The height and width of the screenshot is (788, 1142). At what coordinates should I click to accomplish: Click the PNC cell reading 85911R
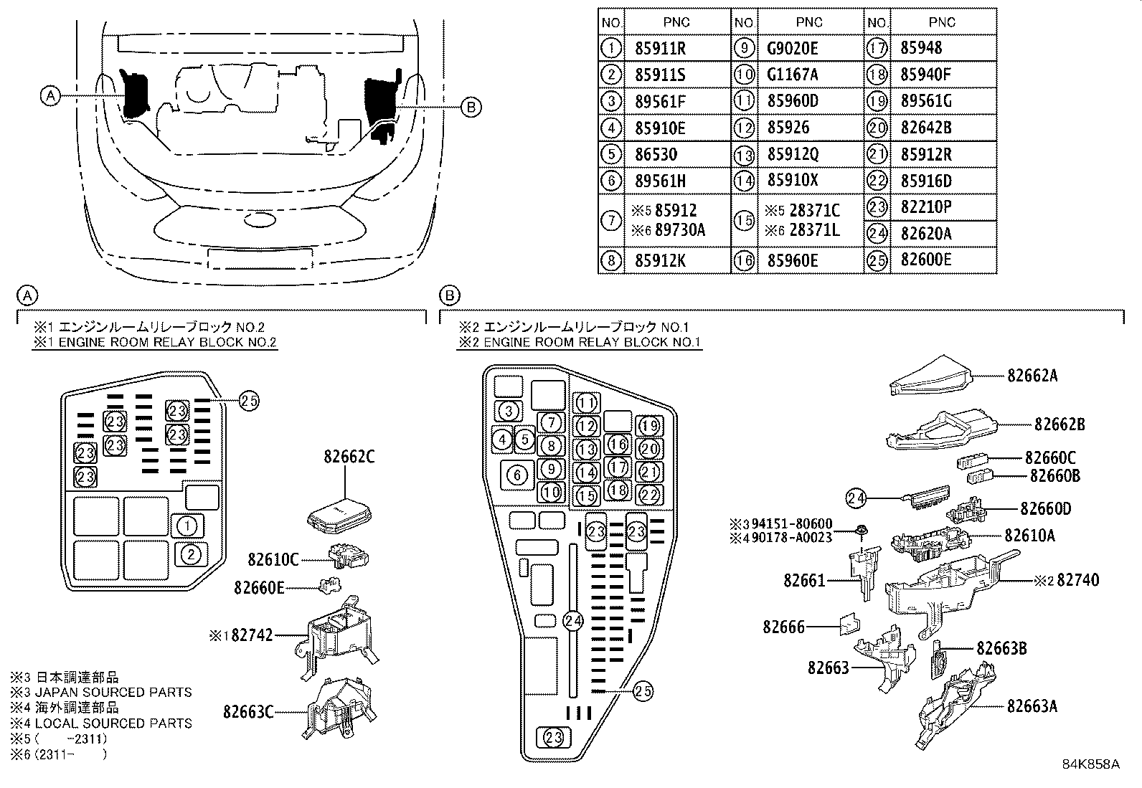(x=660, y=49)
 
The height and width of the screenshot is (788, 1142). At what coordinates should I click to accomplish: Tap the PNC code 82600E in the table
(x=925, y=260)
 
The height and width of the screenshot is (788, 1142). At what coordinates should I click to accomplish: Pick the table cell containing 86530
(x=656, y=154)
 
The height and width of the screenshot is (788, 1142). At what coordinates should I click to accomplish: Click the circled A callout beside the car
(x=49, y=95)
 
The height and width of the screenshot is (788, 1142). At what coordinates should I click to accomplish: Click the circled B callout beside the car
(x=471, y=107)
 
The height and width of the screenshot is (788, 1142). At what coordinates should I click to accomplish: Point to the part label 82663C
(x=248, y=712)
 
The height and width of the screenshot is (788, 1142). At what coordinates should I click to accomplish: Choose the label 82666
(x=784, y=627)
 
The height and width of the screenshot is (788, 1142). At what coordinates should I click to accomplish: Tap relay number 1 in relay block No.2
(x=187, y=526)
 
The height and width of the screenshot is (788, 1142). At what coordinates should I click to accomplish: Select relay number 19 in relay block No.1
(x=649, y=426)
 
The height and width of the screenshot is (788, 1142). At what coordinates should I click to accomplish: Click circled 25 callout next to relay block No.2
(x=248, y=402)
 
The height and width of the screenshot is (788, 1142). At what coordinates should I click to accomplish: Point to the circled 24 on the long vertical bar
(x=572, y=621)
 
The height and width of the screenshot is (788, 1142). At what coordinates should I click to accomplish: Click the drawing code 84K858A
(x=1091, y=764)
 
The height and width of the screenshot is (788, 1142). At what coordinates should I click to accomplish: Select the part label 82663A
(x=1032, y=706)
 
